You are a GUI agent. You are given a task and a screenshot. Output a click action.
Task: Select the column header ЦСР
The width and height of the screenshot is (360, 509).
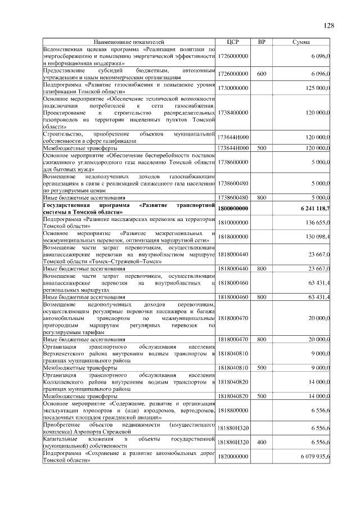coord(233,42)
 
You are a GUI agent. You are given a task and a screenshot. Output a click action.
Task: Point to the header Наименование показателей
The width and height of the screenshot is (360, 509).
coord(129,42)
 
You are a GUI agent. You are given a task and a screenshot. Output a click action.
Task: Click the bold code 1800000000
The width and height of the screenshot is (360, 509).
coord(233,209)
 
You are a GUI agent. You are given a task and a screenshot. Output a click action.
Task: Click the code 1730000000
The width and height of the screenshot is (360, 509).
coord(233,88)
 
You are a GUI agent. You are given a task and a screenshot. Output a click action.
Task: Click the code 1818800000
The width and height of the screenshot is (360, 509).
coord(233,412)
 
